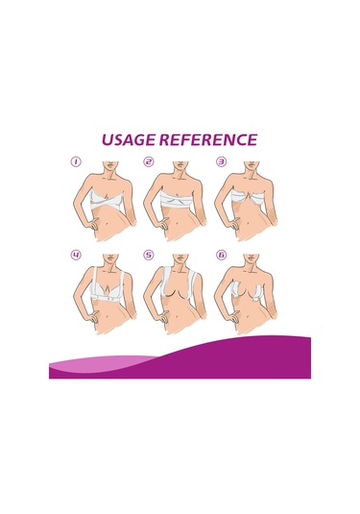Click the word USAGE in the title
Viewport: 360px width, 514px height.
point(129,139)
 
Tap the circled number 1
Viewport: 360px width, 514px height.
point(76,161)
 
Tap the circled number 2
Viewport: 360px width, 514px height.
point(149,161)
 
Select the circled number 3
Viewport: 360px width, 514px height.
point(222,161)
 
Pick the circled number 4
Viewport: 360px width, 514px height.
point(76,255)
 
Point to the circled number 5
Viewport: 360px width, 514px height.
point(149,255)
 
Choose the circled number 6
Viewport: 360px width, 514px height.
point(222,255)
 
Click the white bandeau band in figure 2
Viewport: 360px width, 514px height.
point(178,200)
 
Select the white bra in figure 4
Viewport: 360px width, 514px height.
point(108,285)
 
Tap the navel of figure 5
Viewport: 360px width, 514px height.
point(178,317)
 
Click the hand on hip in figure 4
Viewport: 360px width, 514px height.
point(93,318)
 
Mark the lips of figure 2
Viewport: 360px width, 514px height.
point(179,164)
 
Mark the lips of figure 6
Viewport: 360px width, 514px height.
point(251,257)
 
